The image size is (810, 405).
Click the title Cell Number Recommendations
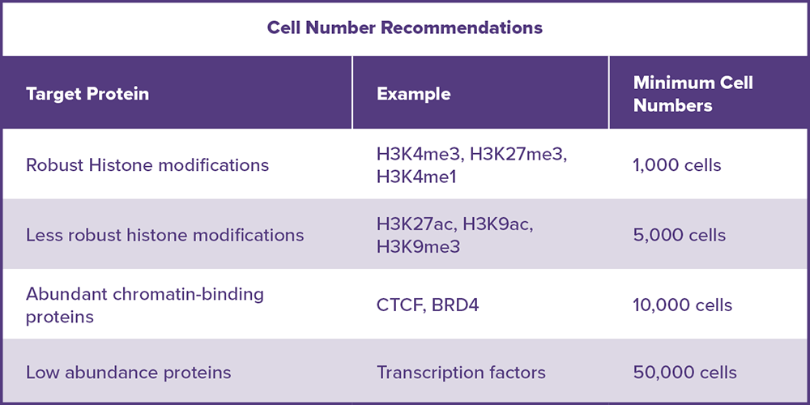(x=404, y=28)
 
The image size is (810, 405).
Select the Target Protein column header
(x=87, y=94)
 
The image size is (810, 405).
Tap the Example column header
(x=413, y=94)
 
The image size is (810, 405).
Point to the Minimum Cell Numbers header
(x=693, y=94)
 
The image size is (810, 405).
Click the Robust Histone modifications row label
(x=147, y=165)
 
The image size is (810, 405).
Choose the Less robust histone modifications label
(x=164, y=236)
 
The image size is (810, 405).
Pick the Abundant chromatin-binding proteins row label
(x=145, y=305)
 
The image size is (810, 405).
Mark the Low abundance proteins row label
(x=128, y=373)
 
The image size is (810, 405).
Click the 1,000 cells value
(x=676, y=165)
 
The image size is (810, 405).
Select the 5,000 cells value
(x=680, y=236)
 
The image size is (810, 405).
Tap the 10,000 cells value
(x=682, y=305)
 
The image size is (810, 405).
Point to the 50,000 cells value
(x=685, y=373)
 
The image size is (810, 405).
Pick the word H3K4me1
(x=416, y=176)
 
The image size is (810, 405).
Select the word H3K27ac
(x=416, y=225)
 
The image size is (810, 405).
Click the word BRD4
(x=456, y=305)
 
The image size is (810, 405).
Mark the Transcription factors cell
(x=461, y=373)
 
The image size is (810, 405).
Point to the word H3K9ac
(x=497, y=225)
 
